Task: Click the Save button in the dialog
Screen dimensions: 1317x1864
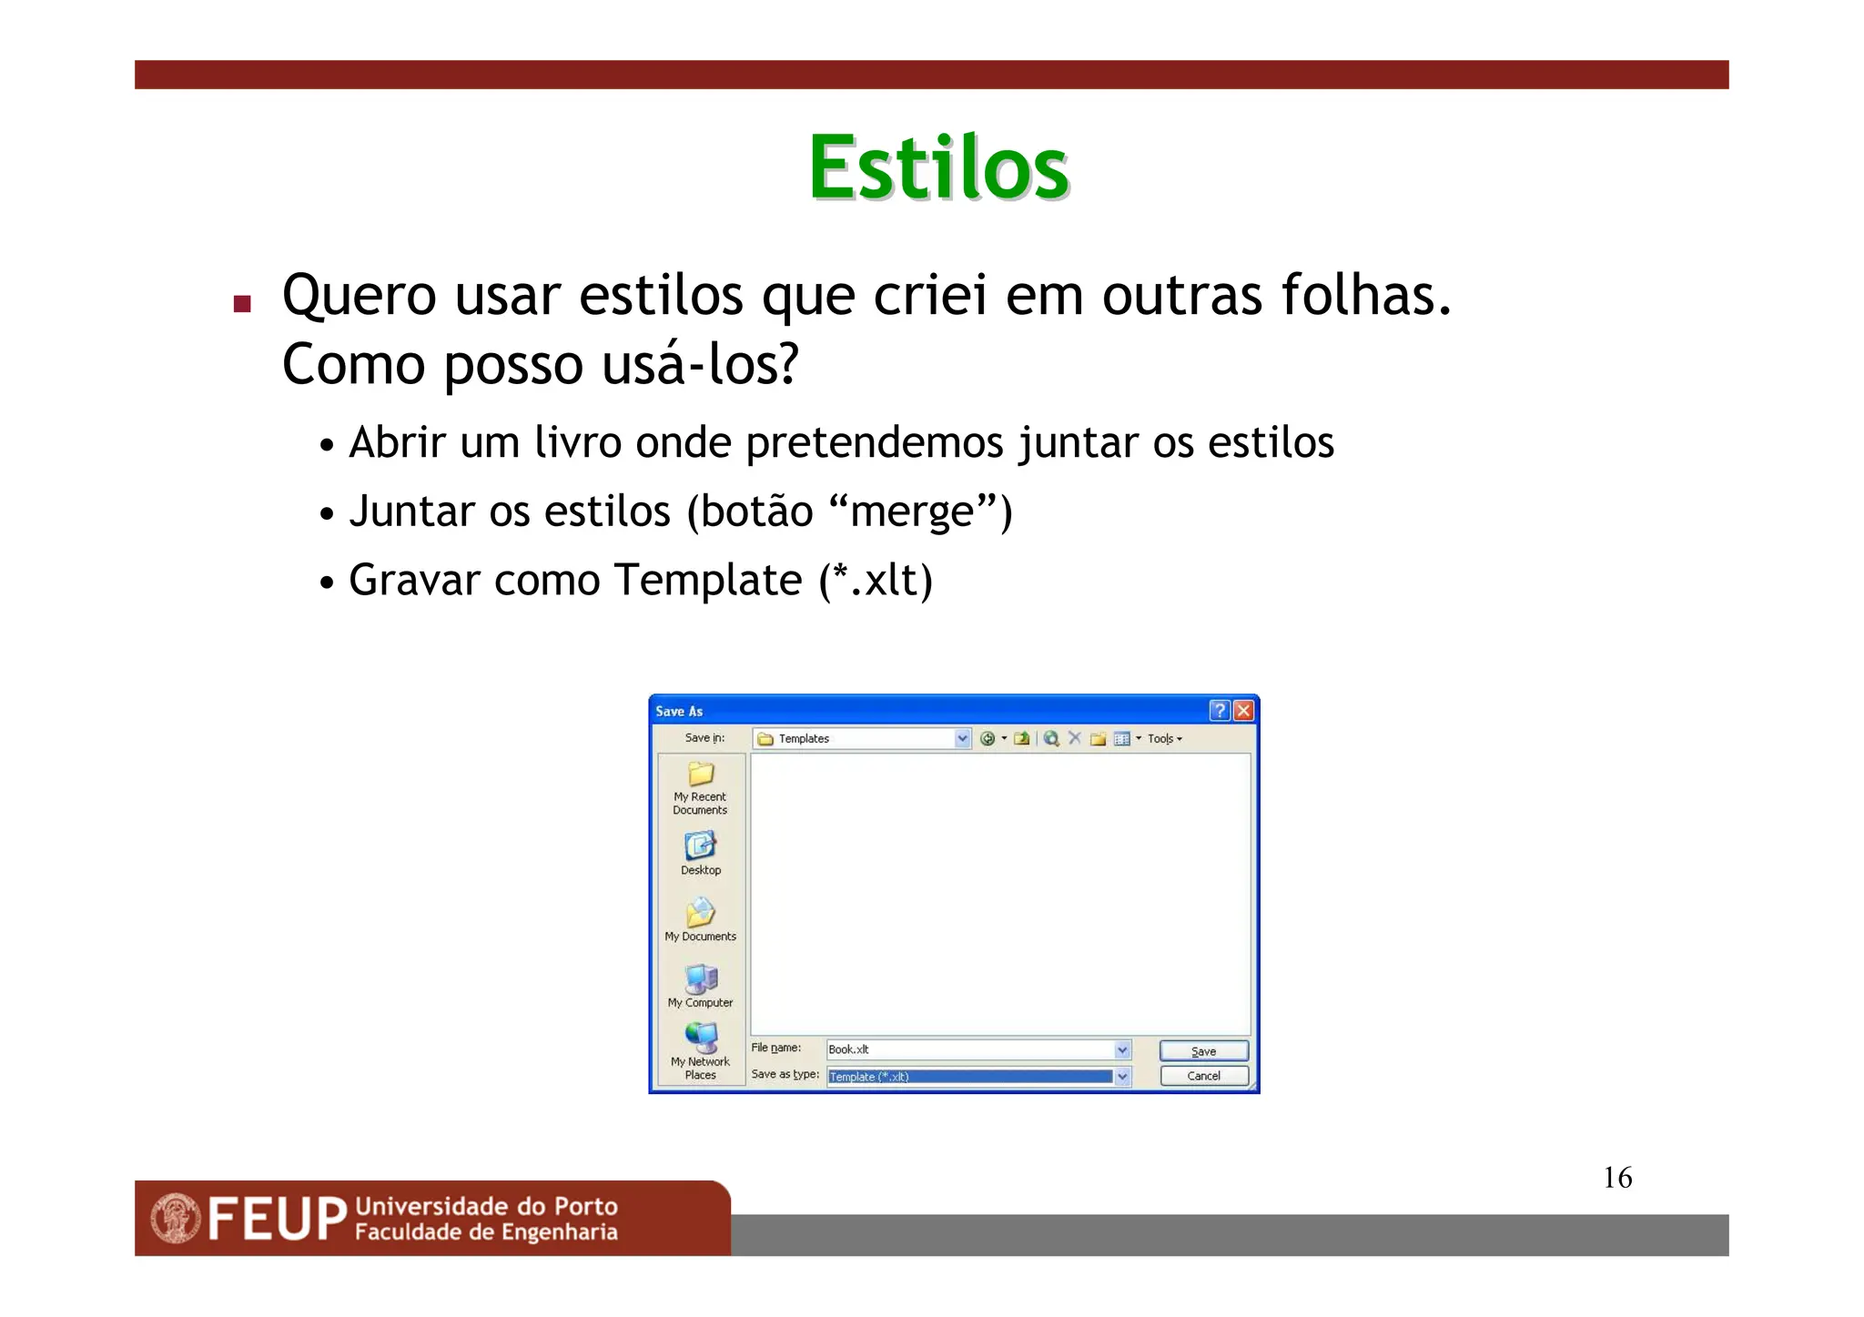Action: (x=1203, y=1051)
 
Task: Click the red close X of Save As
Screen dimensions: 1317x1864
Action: (x=1243, y=711)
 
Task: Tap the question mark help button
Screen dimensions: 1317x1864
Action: (x=1220, y=711)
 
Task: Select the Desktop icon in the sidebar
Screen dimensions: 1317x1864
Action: (x=700, y=847)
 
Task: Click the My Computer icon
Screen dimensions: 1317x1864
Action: (x=701, y=979)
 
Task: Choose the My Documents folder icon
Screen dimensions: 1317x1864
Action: (x=700, y=913)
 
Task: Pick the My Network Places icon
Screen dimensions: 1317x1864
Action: (x=701, y=1038)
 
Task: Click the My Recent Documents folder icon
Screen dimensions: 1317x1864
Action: (x=701, y=775)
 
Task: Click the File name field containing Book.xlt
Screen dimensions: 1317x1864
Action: (x=969, y=1049)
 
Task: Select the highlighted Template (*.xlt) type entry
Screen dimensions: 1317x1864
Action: (x=969, y=1077)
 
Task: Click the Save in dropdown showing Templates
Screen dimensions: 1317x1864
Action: (x=861, y=739)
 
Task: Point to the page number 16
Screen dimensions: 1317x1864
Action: (x=1617, y=1178)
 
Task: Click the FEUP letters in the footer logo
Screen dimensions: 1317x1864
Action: (x=278, y=1220)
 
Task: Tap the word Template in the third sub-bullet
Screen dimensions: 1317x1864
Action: (x=707, y=581)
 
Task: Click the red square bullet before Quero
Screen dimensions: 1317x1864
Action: (x=242, y=304)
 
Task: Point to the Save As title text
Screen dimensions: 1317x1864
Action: (x=679, y=712)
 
